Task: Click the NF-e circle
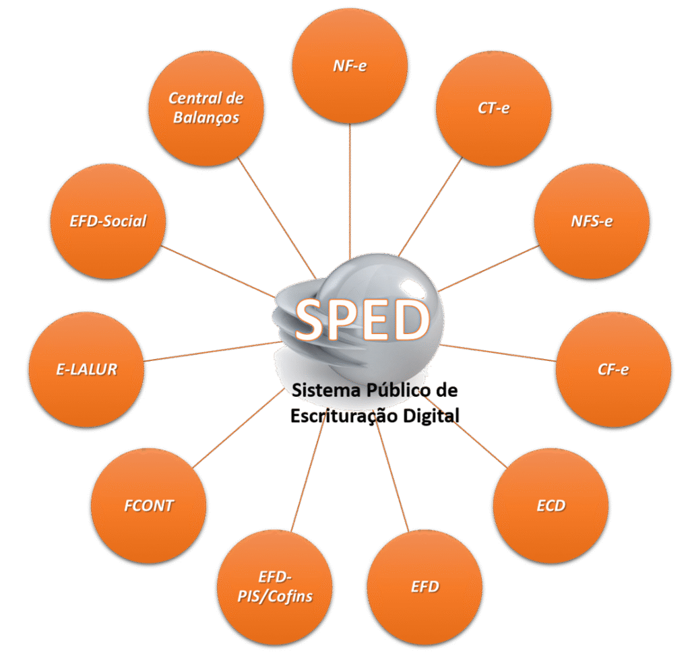(x=350, y=66)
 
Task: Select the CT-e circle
(x=493, y=108)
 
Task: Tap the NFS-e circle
(x=592, y=221)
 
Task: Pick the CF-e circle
(x=613, y=368)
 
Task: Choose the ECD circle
(x=551, y=505)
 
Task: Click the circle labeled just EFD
(x=425, y=587)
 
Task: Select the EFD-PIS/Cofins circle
(x=275, y=587)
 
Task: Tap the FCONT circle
(x=148, y=505)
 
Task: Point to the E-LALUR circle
(x=86, y=368)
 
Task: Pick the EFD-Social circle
(x=107, y=221)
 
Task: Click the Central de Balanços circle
(x=205, y=108)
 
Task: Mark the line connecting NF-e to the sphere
(x=350, y=189)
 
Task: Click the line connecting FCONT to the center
(x=236, y=429)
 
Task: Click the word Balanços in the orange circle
(x=206, y=117)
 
